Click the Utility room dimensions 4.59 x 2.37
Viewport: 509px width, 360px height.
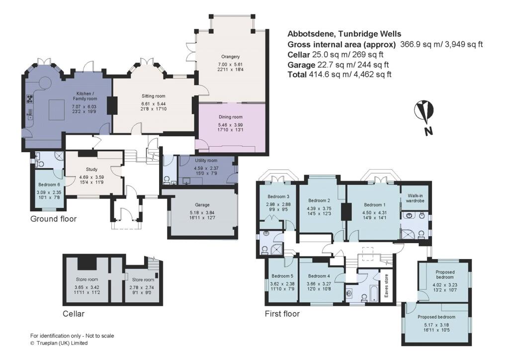(205, 168)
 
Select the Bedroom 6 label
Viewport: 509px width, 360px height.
(48, 185)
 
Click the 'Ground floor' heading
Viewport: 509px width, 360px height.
(54, 219)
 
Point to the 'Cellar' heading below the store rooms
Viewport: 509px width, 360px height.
(74, 314)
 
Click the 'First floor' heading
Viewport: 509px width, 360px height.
(282, 314)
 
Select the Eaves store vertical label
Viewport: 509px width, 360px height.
(386, 286)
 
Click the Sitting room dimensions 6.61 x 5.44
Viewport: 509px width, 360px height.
(153, 104)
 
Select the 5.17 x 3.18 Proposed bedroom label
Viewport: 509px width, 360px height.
(436, 317)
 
